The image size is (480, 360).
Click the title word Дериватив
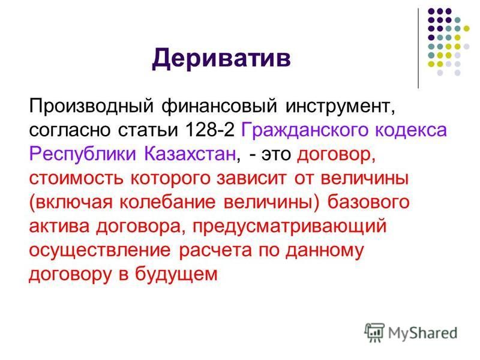click(221, 59)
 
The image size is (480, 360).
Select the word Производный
click(91, 106)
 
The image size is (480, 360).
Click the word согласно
click(70, 130)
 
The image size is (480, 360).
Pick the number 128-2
click(209, 130)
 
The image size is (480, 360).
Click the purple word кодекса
click(411, 130)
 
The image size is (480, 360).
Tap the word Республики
click(82, 154)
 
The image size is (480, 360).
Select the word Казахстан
click(190, 154)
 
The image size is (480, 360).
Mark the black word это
click(276, 154)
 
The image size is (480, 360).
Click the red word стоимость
click(76, 178)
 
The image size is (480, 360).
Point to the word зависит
click(251, 178)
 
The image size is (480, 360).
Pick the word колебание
click(167, 202)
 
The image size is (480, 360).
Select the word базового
click(368, 202)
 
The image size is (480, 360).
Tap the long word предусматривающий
click(290, 227)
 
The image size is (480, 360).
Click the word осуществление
click(100, 250)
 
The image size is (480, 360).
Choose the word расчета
click(215, 250)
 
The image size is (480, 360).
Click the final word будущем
click(176, 274)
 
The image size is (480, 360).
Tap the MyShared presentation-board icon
click(374, 332)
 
